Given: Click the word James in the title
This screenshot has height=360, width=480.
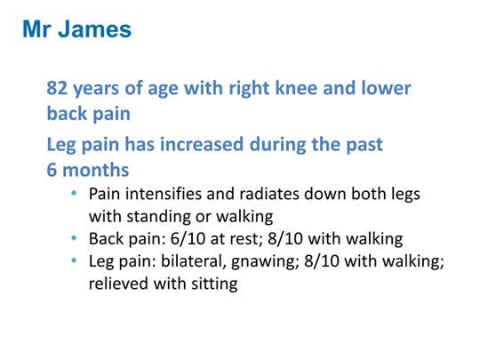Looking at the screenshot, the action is tap(94, 29).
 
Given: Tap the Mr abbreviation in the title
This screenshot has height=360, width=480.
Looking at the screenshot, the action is tap(36, 29).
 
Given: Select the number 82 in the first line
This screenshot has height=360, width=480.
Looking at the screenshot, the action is tap(57, 88).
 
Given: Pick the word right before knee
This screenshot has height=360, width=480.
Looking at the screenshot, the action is tap(250, 89).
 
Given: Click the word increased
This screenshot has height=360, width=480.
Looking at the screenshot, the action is tap(202, 144).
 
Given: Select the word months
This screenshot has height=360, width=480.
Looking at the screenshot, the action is tap(96, 170).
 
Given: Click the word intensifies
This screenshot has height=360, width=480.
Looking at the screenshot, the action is tap(164, 194).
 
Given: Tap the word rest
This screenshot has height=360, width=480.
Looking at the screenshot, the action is tap(245, 240).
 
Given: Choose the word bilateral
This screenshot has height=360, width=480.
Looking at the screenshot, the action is tap(194, 261).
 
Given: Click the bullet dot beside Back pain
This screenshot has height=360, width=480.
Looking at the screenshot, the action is tap(74, 238).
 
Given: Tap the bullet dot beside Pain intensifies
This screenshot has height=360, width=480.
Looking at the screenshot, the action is tap(74, 193).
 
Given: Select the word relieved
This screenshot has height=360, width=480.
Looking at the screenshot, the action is tap(119, 284).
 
